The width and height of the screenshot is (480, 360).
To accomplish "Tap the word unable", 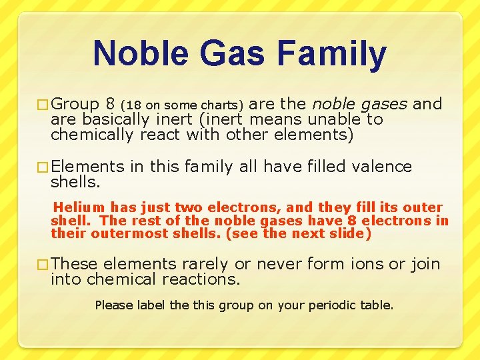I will pyautogui.click(x=335, y=120).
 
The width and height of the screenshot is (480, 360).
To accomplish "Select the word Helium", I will pyautogui.click(x=81, y=207).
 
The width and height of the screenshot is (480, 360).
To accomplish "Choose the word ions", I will pyautogui.click(x=365, y=264).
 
